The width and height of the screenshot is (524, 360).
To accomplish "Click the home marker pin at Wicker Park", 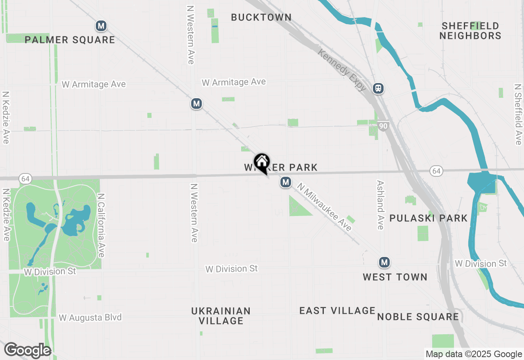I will coord(262,163).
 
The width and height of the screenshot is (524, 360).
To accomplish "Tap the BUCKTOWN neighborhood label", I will coord(261,17).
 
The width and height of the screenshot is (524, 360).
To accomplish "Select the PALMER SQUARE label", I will coord(70,40).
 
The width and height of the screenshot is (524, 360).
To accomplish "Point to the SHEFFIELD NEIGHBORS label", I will coord(470,31).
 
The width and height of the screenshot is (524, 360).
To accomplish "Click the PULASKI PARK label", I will coord(428,218).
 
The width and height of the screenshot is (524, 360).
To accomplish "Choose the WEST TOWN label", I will coord(395,277).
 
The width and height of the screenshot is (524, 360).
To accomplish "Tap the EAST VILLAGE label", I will coord(337,310).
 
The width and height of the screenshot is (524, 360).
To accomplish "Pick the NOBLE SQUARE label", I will coord(418,317).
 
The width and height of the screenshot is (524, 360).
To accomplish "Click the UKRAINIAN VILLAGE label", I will coord(221,315).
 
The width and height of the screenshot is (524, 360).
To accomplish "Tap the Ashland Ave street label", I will coord(380,205).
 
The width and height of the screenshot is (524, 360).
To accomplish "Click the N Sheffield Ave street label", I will coord(518,115).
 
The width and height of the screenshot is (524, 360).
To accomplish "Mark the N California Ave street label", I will coord(101,225).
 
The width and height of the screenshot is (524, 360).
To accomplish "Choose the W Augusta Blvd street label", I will coord(90,317).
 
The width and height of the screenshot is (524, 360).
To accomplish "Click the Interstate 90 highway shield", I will coord(383,126).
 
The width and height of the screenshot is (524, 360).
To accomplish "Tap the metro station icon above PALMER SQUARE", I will coord(101,26).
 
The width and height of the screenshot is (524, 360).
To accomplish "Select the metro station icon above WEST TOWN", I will coord(384,262).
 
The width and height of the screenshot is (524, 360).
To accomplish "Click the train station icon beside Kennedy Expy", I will coord(378,88).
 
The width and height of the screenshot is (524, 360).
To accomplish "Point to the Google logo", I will coord(28,351).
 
